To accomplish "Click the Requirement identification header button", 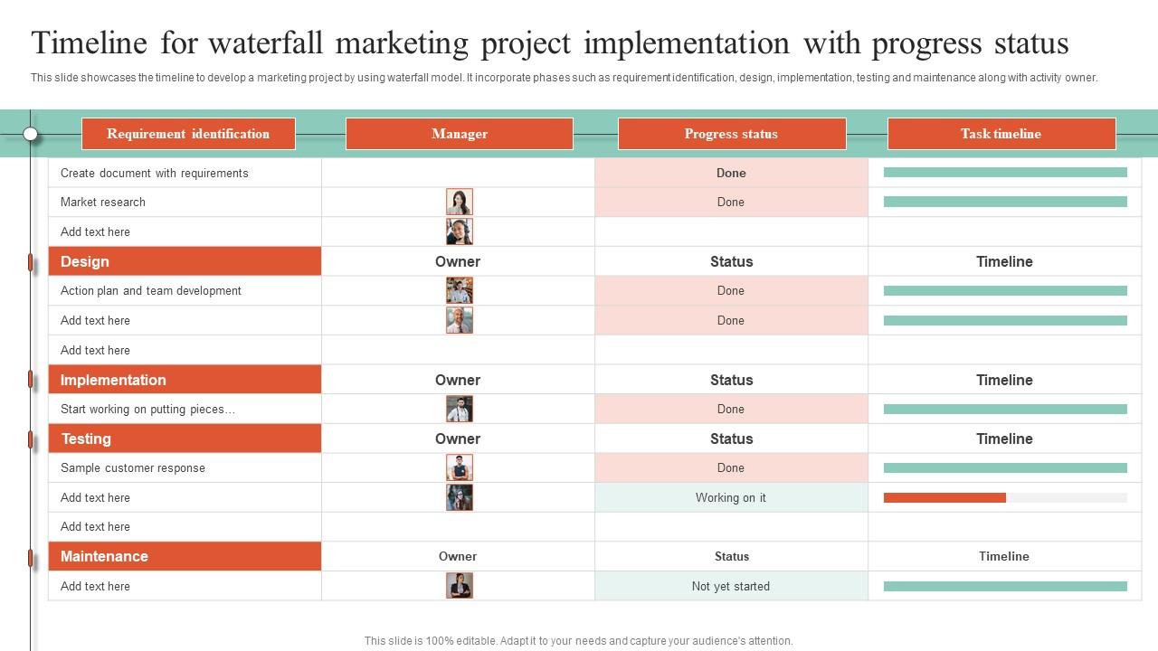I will tap(188, 134).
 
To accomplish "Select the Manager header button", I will tap(460, 134).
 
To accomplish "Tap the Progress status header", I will tap(731, 134).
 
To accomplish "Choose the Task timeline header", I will tap(1001, 134).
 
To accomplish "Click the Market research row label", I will tap(103, 202).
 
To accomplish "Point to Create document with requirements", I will tap(154, 173).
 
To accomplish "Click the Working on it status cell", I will tap(731, 497).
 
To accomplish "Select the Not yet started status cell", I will tap(731, 586).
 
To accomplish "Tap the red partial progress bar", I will tap(944, 497).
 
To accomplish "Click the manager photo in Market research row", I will tap(460, 202).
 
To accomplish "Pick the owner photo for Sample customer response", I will tap(460, 467).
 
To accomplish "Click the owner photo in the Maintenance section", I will tap(460, 586).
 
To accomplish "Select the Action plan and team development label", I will tap(151, 290).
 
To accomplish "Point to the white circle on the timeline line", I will tap(31, 134).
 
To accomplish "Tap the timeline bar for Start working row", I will tap(1005, 409).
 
